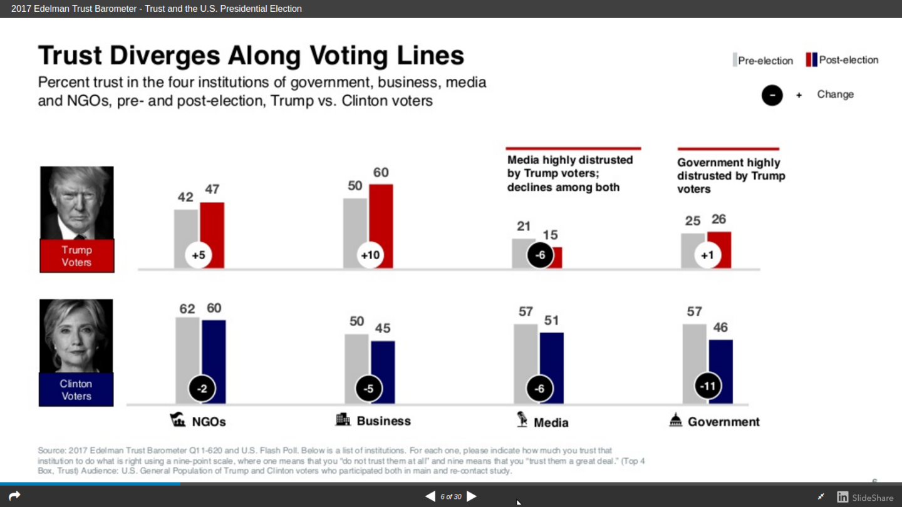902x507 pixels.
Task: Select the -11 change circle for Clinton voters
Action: click(707, 386)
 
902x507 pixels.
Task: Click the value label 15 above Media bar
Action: click(550, 235)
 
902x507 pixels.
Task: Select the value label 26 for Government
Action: click(718, 220)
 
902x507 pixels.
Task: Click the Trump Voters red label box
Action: click(76, 256)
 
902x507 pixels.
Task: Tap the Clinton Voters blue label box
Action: click(76, 390)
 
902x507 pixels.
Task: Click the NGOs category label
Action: click(209, 422)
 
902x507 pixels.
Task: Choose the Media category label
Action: click(551, 423)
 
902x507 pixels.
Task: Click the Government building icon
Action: click(675, 421)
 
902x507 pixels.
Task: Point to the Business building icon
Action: click(343, 419)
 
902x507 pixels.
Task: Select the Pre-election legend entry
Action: click(764, 61)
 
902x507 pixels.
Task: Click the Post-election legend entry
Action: click(842, 60)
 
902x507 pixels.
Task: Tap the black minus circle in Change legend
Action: click(772, 95)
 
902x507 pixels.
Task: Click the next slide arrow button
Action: click(472, 496)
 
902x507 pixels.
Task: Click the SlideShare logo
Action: click(865, 497)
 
